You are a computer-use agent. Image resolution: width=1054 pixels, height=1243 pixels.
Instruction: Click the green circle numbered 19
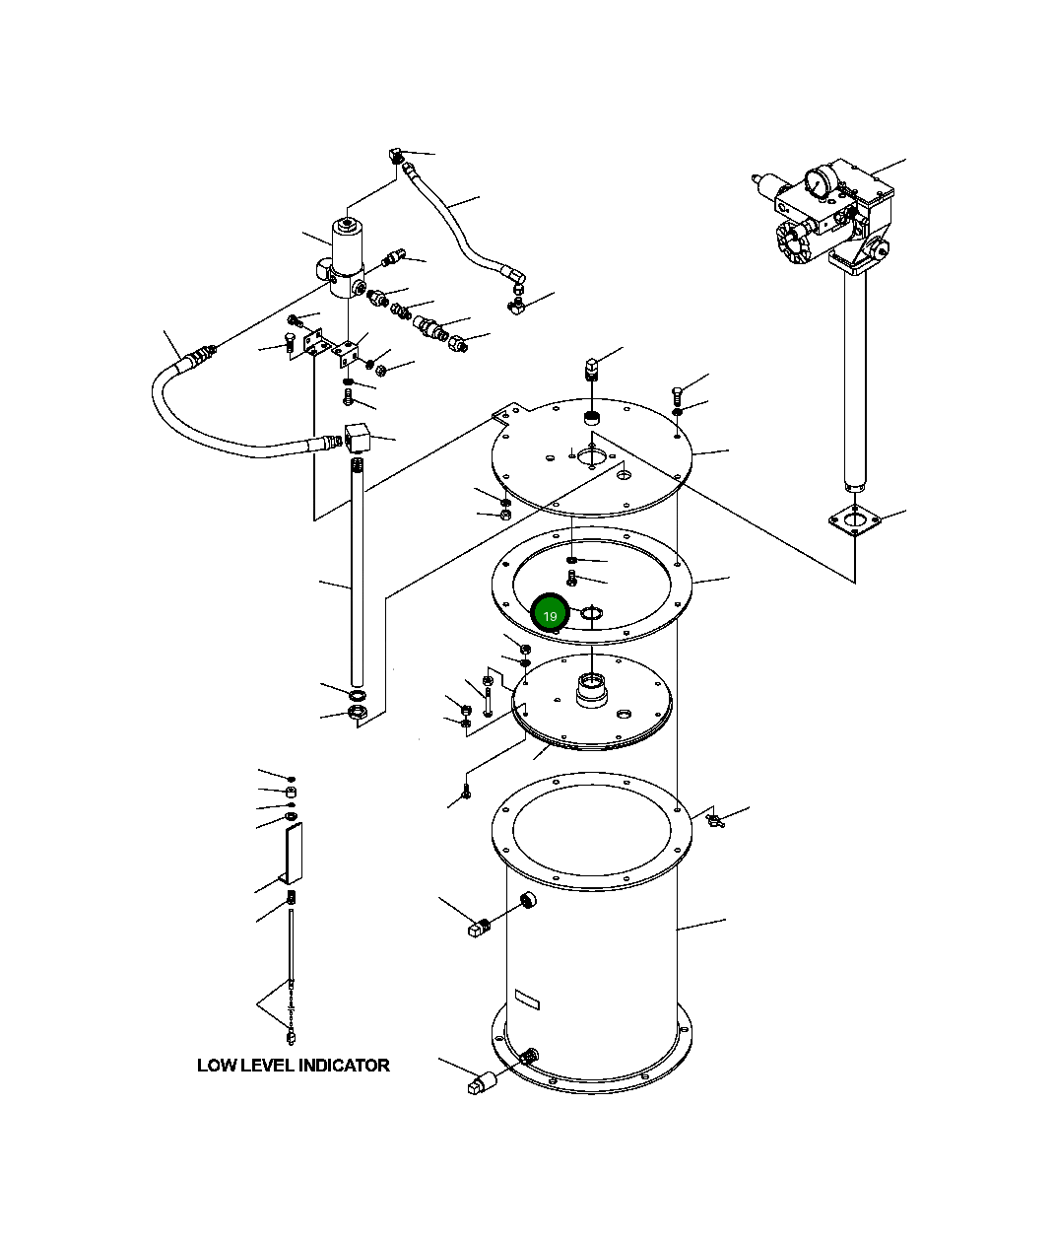550,615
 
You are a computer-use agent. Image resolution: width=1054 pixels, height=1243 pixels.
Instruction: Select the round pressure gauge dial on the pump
818,181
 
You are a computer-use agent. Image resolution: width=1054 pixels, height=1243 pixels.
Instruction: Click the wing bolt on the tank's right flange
713,818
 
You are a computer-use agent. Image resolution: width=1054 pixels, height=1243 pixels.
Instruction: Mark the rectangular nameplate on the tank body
527,1001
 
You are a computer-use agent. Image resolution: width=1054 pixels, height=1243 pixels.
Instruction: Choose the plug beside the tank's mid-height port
478,928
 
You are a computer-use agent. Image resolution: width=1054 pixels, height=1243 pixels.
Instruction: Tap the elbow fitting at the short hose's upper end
396,155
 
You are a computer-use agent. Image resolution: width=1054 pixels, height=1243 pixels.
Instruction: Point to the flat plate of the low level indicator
292,854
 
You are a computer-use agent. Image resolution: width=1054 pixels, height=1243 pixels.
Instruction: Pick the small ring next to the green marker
591,615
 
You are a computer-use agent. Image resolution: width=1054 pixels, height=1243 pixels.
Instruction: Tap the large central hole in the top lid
593,455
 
